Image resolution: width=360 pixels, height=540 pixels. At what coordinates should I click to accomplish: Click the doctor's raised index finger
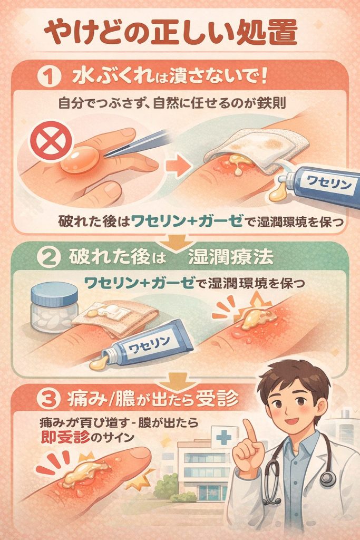(x=248, y=431)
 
